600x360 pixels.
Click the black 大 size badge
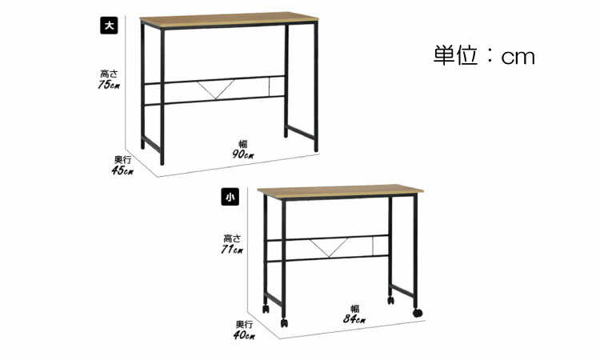[109, 26]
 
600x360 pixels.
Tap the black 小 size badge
[230, 197]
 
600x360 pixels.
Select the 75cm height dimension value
[109, 85]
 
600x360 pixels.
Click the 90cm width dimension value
[243, 154]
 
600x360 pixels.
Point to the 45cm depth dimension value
[122, 170]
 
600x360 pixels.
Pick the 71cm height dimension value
[232, 250]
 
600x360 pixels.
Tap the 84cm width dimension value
[354, 318]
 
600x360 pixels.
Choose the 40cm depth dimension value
[244, 335]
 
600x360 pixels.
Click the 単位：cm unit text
[484, 55]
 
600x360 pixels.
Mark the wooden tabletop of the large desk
[229, 19]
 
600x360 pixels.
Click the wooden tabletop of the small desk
[341, 191]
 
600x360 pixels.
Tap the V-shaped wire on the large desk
[216, 89]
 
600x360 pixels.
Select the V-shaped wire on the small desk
[329, 247]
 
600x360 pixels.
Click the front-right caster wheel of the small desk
[418, 313]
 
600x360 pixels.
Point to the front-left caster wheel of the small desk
[284, 323]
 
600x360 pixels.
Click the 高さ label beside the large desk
[109, 74]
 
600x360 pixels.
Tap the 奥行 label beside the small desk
[244, 325]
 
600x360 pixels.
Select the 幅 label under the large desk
[243, 144]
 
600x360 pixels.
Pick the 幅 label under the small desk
[354, 309]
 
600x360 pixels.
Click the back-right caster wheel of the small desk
[390, 300]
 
